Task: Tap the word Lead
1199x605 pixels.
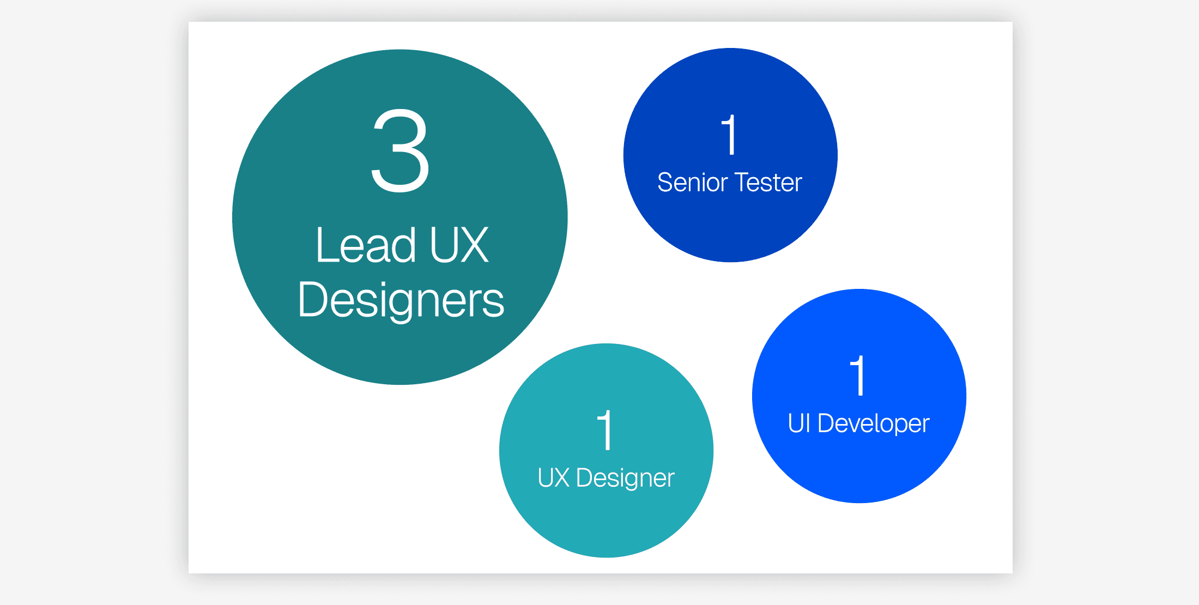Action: click(365, 246)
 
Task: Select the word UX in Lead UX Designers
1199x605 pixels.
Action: click(459, 246)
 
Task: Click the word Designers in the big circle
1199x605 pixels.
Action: click(401, 300)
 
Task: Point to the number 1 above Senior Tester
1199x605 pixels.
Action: click(729, 135)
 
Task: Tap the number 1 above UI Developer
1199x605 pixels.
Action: click(858, 376)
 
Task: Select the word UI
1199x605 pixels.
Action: click(799, 423)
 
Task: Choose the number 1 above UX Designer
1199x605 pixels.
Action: click(605, 430)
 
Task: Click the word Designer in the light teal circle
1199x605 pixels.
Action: click(625, 479)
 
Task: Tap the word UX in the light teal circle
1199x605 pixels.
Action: click(553, 478)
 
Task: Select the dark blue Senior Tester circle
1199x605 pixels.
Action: click(730, 229)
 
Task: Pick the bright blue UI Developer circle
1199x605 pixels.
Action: click(859, 469)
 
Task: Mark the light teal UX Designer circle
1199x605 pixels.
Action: click(606, 523)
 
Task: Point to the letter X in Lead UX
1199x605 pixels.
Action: click(473, 246)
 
